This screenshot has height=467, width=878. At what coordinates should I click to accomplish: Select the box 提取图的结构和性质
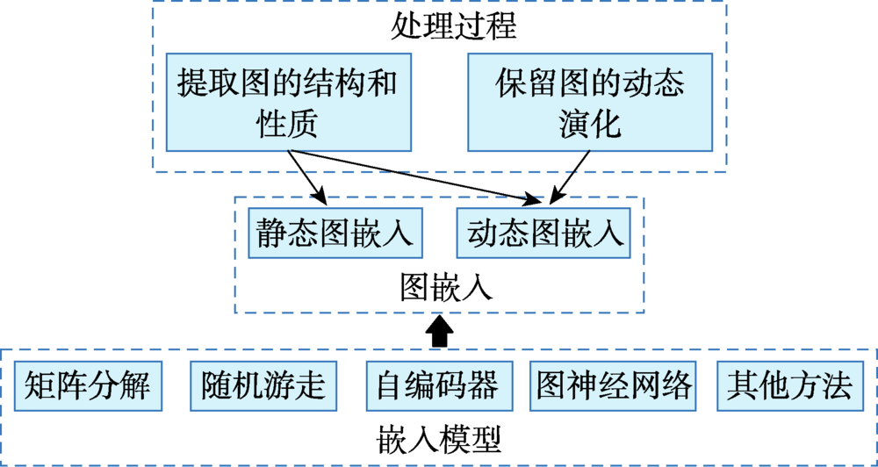289,102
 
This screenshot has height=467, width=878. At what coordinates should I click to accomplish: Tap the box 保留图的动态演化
589,102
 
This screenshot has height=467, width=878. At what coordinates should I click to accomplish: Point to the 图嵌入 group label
440,287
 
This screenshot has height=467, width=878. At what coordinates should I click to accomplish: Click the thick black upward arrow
440,331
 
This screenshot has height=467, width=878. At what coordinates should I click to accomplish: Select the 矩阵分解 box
88,386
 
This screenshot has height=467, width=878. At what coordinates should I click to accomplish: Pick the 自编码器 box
437,386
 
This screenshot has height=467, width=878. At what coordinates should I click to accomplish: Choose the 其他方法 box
789,386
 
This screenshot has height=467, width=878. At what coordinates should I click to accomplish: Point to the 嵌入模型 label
439,436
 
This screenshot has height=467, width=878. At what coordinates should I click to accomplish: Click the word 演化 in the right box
589,123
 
